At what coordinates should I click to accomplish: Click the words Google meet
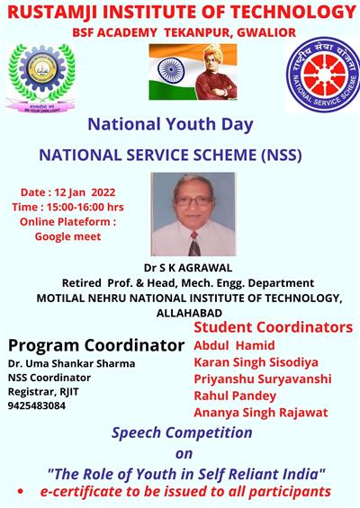(67, 236)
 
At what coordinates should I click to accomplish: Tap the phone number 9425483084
(37, 406)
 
